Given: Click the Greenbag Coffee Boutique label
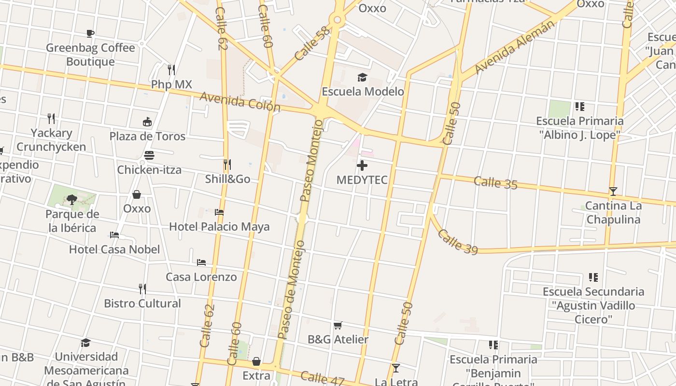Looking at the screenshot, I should [x=90, y=55].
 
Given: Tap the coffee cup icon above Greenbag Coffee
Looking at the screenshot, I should [x=90, y=33].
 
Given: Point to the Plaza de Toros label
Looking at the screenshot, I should [x=147, y=136].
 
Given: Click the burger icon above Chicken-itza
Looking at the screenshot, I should [x=149, y=155].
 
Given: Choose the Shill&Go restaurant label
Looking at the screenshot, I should [x=227, y=179].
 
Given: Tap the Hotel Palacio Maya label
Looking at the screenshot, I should [x=219, y=226].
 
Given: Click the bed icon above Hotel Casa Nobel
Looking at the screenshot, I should [x=114, y=235].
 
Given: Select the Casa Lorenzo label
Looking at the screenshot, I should [x=201, y=277].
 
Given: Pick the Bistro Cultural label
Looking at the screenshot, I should [x=142, y=303].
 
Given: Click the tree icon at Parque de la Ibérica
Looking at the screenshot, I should [x=72, y=199].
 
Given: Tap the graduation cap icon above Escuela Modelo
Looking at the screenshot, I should [x=362, y=77].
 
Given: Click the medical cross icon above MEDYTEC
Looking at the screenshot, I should [x=362, y=166].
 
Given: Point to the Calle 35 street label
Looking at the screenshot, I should [x=495, y=183].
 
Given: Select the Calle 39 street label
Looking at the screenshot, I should [x=457, y=242].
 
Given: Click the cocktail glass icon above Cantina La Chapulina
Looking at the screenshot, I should [x=613, y=191].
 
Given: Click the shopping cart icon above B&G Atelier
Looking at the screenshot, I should [x=338, y=325].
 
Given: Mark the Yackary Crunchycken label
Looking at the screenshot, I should [x=51, y=140].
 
